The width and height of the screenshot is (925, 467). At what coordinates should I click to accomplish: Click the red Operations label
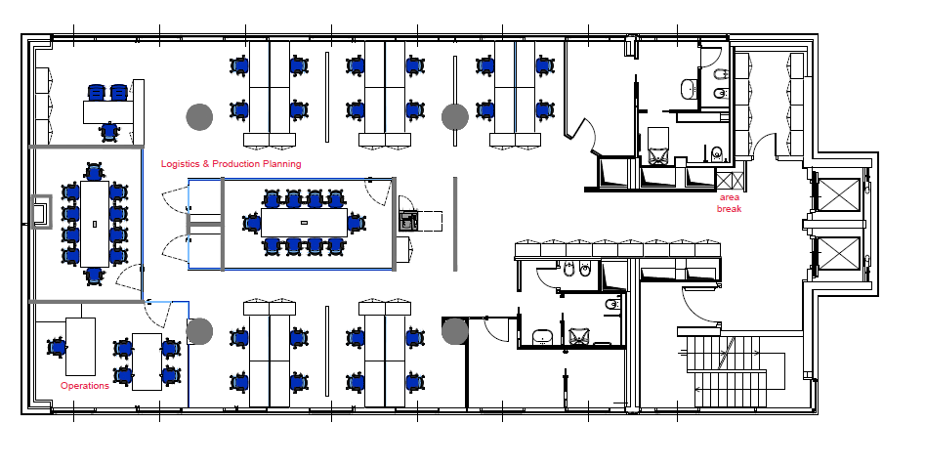pos(84,386)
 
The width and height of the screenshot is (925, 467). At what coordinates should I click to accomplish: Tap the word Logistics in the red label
pos(181,163)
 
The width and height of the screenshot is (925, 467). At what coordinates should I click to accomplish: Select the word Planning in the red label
pos(282,163)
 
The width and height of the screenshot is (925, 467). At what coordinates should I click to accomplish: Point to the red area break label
pos(729,203)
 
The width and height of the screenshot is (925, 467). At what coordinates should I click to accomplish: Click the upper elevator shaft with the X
pos(840,194)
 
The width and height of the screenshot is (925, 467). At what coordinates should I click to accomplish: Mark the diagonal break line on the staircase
pos(725,353)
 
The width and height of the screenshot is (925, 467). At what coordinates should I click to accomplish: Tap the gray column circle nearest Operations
pos(199,331)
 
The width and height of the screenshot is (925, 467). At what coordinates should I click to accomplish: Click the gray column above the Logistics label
pos(199,116)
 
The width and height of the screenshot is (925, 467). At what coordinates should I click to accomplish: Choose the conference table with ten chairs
pos(304,223)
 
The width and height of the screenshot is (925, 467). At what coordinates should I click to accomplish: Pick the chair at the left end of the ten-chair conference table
pos(252,223)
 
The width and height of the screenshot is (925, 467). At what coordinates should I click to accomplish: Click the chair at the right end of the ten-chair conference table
pos(356,223)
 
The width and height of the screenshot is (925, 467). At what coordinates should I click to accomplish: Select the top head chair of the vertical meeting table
pos(95,172)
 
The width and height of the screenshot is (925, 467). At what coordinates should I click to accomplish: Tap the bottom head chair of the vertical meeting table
pos(95,276)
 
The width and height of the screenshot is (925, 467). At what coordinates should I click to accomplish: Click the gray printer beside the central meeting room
pos(407,221)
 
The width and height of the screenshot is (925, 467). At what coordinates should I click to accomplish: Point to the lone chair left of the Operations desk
pos(57,347)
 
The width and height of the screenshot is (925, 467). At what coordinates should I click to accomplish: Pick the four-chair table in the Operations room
pos(147,361)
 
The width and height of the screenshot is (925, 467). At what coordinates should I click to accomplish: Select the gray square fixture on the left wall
pos(41,211)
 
